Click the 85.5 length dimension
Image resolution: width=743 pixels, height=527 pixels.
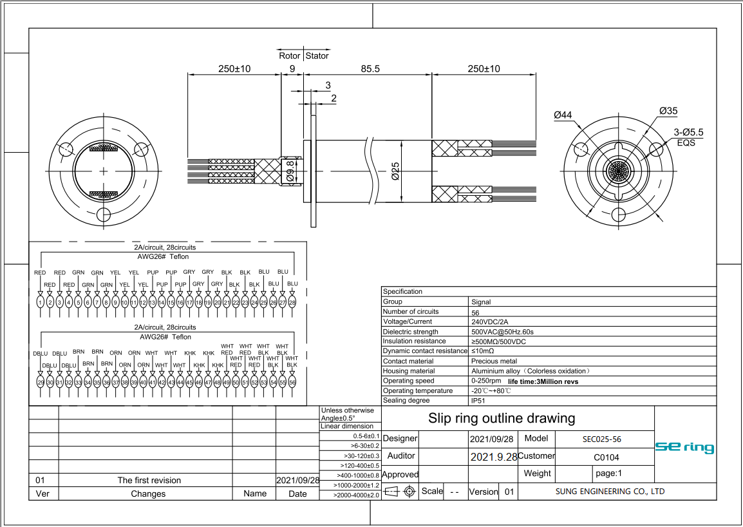tap(370, 68)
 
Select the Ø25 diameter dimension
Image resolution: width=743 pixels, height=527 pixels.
tap(396, 171)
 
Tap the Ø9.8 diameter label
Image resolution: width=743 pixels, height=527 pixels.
tap(290, 171)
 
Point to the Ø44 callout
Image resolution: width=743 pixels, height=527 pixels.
tap(563, 115)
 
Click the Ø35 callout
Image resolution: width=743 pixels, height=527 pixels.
tap(668, 111)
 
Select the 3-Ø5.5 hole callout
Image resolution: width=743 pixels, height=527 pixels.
tap(688, 132)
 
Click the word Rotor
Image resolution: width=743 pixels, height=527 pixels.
tap(289, 55)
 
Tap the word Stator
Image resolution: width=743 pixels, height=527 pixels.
tap(317, 55)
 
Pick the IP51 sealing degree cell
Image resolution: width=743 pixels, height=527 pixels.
tap(479, 401)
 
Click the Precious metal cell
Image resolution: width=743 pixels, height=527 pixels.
tap(494, 361)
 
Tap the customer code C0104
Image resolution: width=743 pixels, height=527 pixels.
tap(606, 457)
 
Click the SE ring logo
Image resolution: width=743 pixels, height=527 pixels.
tap(684, 447)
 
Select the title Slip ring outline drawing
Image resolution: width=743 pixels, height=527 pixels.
tap(502, 418)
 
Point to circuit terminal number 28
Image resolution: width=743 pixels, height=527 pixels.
tap(292, 302)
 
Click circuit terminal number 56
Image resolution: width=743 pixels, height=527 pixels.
tap(292, 382)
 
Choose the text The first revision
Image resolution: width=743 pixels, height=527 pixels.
tap(149, 480)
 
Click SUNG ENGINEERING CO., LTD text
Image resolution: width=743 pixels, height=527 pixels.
tap(610, 492)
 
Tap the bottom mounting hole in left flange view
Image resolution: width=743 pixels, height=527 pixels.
tap(104, 215)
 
